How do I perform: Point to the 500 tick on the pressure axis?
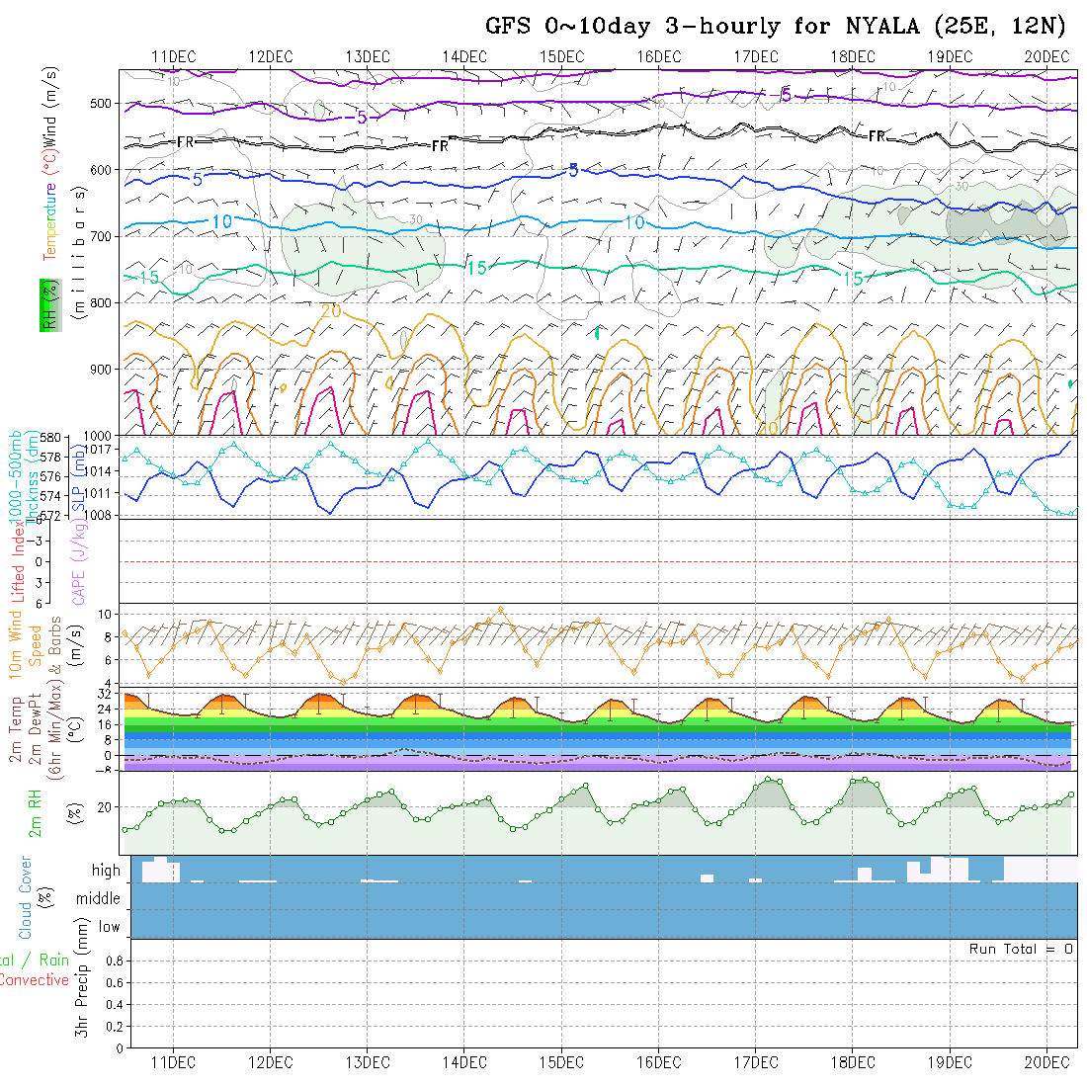(103, 103)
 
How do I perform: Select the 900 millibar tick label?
(103, 369)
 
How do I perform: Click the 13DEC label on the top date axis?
(368, 56)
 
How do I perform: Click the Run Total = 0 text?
(1021, 949)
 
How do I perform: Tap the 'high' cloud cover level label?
(106, 871)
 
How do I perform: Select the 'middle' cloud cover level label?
(99, 898)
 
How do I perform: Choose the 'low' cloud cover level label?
(109, 927)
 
